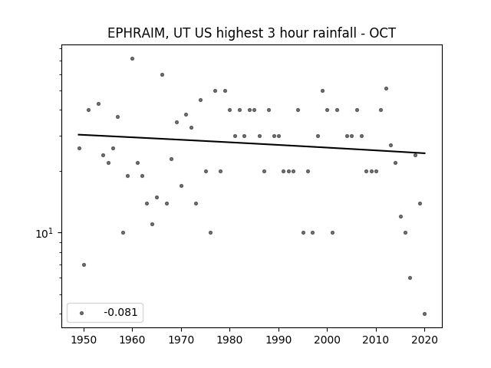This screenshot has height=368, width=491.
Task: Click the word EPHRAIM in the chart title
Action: point(135,33)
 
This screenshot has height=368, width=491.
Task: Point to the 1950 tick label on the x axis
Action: point(84,340)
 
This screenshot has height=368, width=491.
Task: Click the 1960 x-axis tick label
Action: point(132,340)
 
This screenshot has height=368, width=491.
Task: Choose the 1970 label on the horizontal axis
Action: point(181,340)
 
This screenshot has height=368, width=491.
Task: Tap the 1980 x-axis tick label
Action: point(229,340)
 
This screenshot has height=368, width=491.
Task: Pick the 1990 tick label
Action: point(278,340)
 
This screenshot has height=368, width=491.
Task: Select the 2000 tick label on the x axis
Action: point(327,340)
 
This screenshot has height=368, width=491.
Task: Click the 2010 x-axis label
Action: point(376,340)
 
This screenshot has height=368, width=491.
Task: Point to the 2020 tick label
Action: point(424,340)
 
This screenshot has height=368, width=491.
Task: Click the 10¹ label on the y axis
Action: point(44,233)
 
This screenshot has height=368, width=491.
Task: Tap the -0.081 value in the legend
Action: point(120,312)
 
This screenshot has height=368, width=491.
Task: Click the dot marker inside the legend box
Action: point(82,313)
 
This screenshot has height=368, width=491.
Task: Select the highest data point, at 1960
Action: point(132,58)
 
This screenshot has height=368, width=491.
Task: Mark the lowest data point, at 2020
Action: point(424,314)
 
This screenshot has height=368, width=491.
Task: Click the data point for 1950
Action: point(84,264)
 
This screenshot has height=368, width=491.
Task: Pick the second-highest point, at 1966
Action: point(162,75)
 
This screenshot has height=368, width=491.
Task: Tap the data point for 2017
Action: point(410,278)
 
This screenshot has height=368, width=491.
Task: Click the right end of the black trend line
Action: point(425,153)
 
